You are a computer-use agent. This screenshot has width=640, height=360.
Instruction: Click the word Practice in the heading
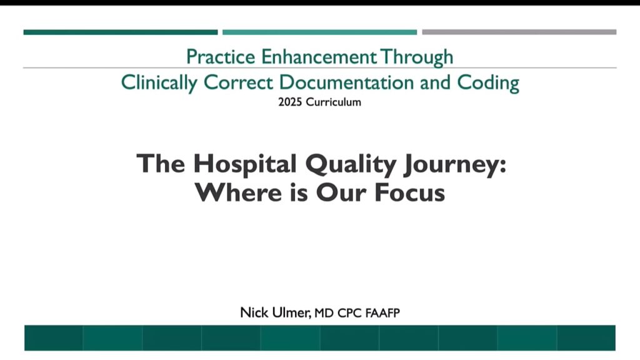point(221,57)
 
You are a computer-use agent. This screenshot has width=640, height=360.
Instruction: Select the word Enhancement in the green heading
point(319,57)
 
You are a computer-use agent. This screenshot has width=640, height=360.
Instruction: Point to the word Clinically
point(159,83)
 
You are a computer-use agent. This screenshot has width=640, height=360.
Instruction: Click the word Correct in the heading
point(238,82)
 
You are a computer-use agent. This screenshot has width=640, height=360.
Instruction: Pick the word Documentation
point(346,82)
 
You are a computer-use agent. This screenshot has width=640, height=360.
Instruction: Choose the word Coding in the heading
point(488,83)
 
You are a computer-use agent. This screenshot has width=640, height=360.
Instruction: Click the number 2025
point(290,102)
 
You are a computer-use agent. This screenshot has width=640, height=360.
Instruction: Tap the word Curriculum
point(334,102)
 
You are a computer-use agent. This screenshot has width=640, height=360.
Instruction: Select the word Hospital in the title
point(245,165)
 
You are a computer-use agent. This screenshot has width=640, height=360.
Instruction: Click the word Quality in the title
point(351,165)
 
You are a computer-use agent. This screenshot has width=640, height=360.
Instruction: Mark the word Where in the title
point(238,192)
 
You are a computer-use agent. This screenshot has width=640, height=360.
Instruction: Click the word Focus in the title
point(409,192)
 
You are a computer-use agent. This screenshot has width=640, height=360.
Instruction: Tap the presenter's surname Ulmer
point(291,312)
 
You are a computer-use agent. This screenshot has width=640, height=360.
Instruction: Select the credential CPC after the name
point(349,313)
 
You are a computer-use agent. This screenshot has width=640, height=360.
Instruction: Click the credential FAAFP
point(382,313)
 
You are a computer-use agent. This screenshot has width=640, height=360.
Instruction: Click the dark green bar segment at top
point(121,32)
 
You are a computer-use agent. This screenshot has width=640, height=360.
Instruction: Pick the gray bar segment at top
point(519,32)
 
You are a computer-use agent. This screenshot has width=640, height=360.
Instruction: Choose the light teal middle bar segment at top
point(319,32)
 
